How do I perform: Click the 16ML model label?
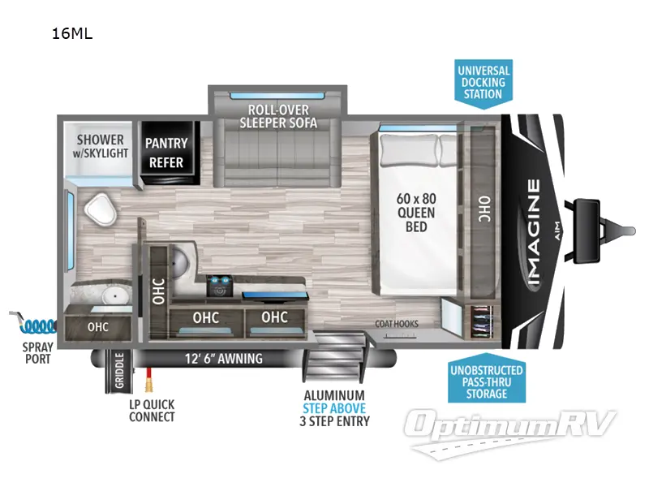pos(71,34)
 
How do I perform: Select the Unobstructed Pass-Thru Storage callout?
pos(486,381)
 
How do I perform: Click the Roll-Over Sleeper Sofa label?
pos(278,116)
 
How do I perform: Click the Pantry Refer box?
pos(165,153)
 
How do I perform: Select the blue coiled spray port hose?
pos(32,325)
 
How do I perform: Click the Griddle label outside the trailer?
pos(119,371)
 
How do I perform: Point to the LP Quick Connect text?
pos(152,411)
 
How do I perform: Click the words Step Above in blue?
pos(334,408)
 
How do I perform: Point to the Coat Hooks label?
pos(397,324)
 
